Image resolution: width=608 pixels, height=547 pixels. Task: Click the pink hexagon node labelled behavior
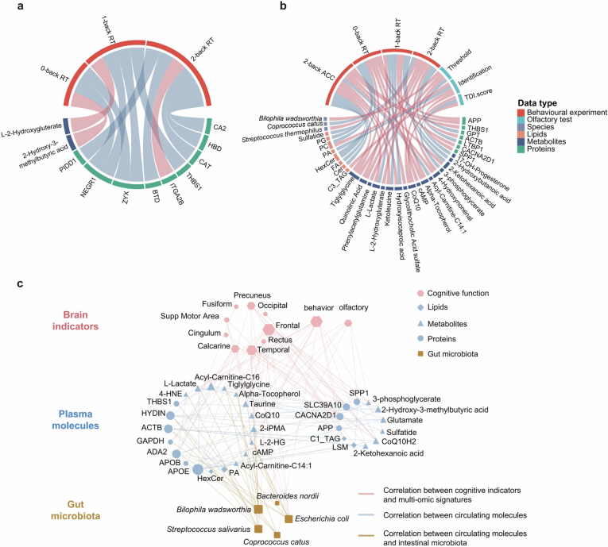click(317, 321)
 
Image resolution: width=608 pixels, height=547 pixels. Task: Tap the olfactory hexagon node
click(348, 322)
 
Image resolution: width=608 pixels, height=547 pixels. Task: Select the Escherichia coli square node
click(289, 519)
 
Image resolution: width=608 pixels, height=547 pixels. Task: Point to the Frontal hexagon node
click(269, 329)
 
